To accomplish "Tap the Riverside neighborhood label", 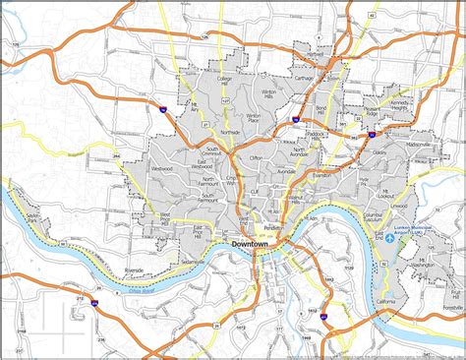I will [x=135, y=269].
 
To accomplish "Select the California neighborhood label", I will [x=385, y=301].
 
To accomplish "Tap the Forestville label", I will [x=451, y=305].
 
